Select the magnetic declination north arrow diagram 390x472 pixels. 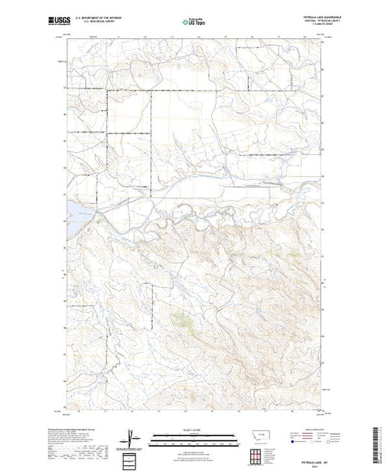pos(133,436)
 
